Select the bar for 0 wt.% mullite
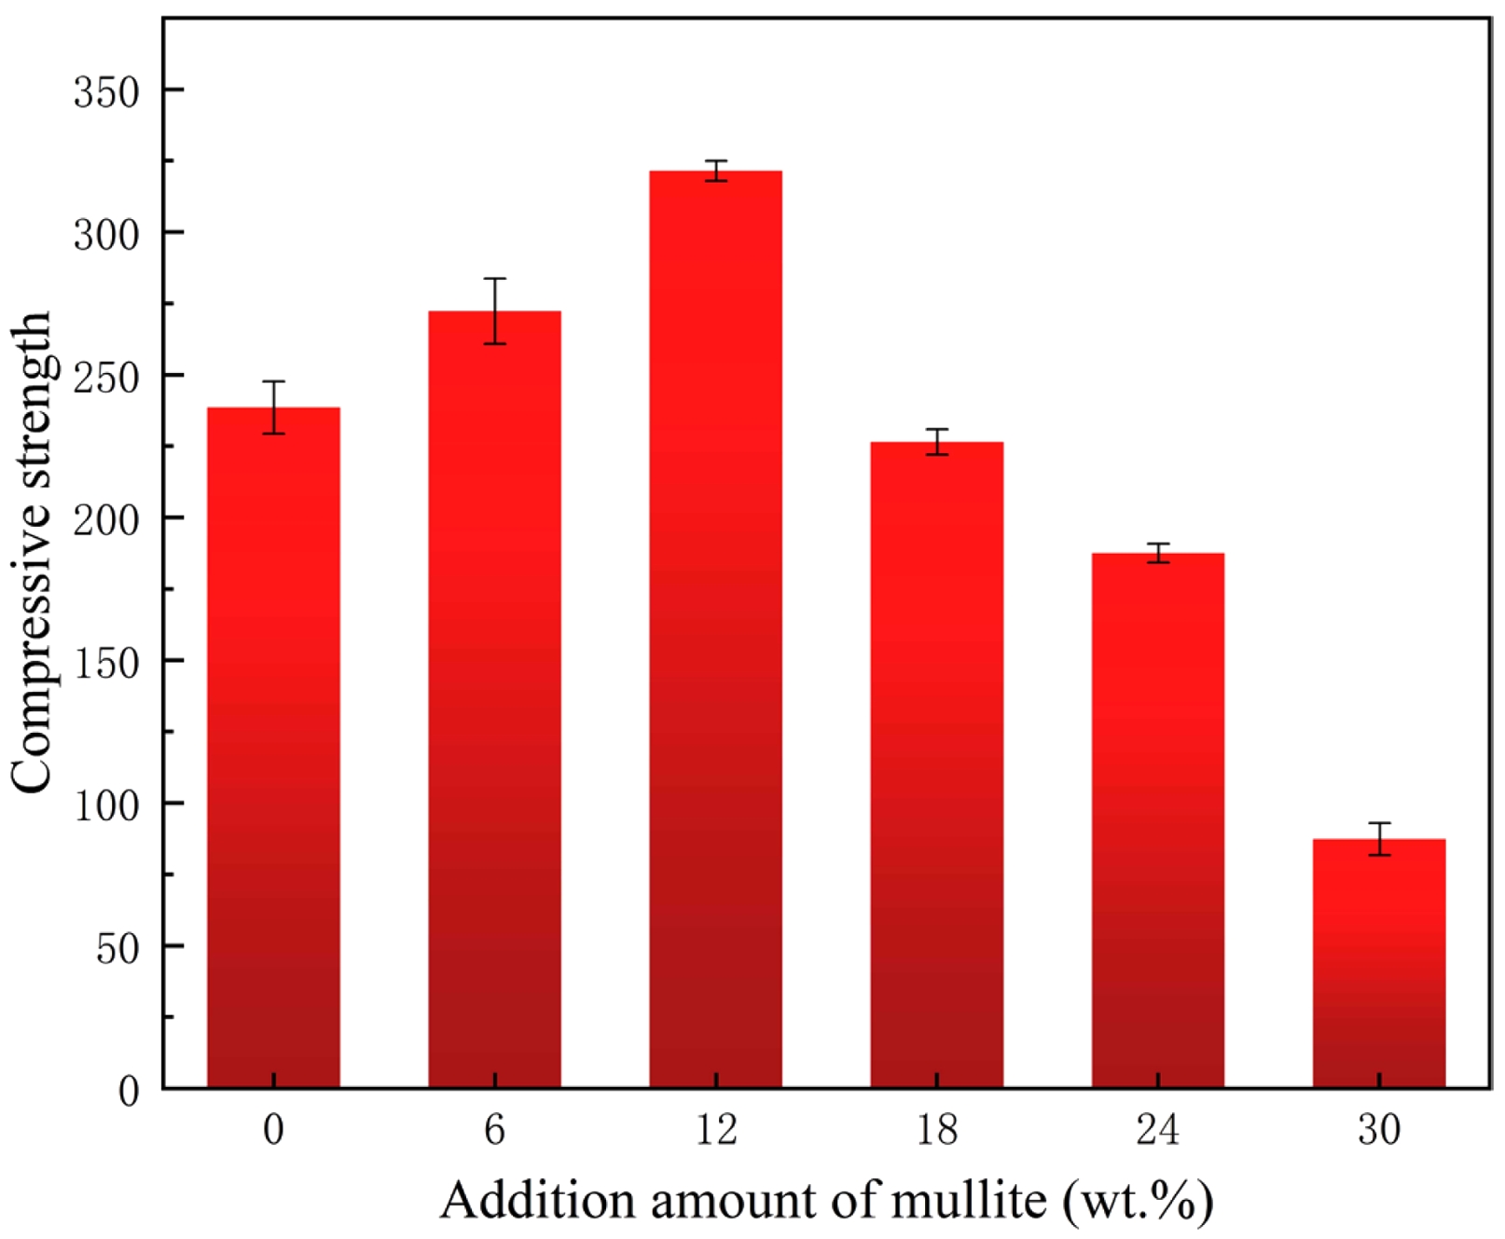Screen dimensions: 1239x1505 tap(273, 746)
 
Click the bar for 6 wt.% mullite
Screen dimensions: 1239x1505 tap(494, 699)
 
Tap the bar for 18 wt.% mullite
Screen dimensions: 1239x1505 tap(936, 764)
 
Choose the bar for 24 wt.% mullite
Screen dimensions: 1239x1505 tap(1157, 820)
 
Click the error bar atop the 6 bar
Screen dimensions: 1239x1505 tap(494, 310)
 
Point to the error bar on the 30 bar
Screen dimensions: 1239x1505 tap(1378, 838)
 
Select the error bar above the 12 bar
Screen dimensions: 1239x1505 tap(715, 171)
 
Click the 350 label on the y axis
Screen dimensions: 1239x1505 tap(106, 92)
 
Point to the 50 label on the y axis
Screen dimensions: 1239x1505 tap(117, 948)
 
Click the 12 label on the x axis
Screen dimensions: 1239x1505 tap(715, 1130)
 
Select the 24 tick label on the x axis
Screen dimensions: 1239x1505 tap(1157, 1130)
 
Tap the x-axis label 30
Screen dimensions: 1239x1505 tap(1378, 1130)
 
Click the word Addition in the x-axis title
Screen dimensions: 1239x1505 tap(537, 1200)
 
